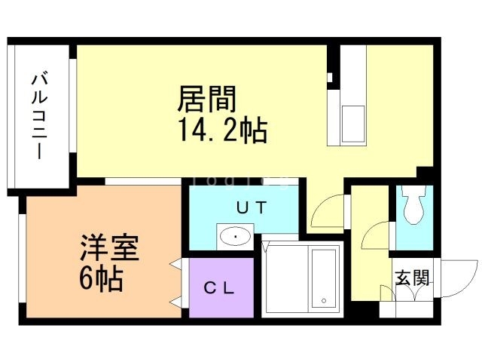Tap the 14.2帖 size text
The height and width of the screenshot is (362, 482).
(x=223, y=131)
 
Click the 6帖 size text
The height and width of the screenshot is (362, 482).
(x=101, y=279)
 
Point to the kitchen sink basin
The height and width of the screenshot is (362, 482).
(x=352, y=119)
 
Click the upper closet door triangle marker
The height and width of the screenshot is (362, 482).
(x=175, y=265)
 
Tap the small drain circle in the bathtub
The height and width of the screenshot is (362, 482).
(x=325, y=301)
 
